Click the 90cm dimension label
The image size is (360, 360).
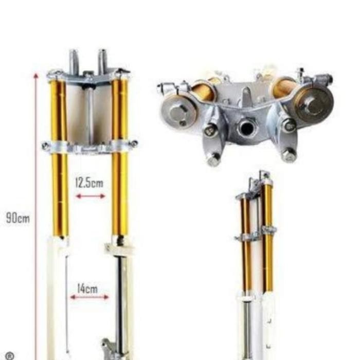coord(17,218)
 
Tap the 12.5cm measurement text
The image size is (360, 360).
coord(89,183)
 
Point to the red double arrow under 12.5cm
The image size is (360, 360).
coord(91,196)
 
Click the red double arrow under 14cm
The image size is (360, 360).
coord(89,297)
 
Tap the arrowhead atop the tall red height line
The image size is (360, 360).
coord(35,76)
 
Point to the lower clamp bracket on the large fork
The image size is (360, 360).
coord(90,146)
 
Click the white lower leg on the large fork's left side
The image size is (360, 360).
coord(57,298)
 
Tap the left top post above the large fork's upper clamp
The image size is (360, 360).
coord(74,60)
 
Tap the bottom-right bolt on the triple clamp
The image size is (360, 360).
coord(289,154)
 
